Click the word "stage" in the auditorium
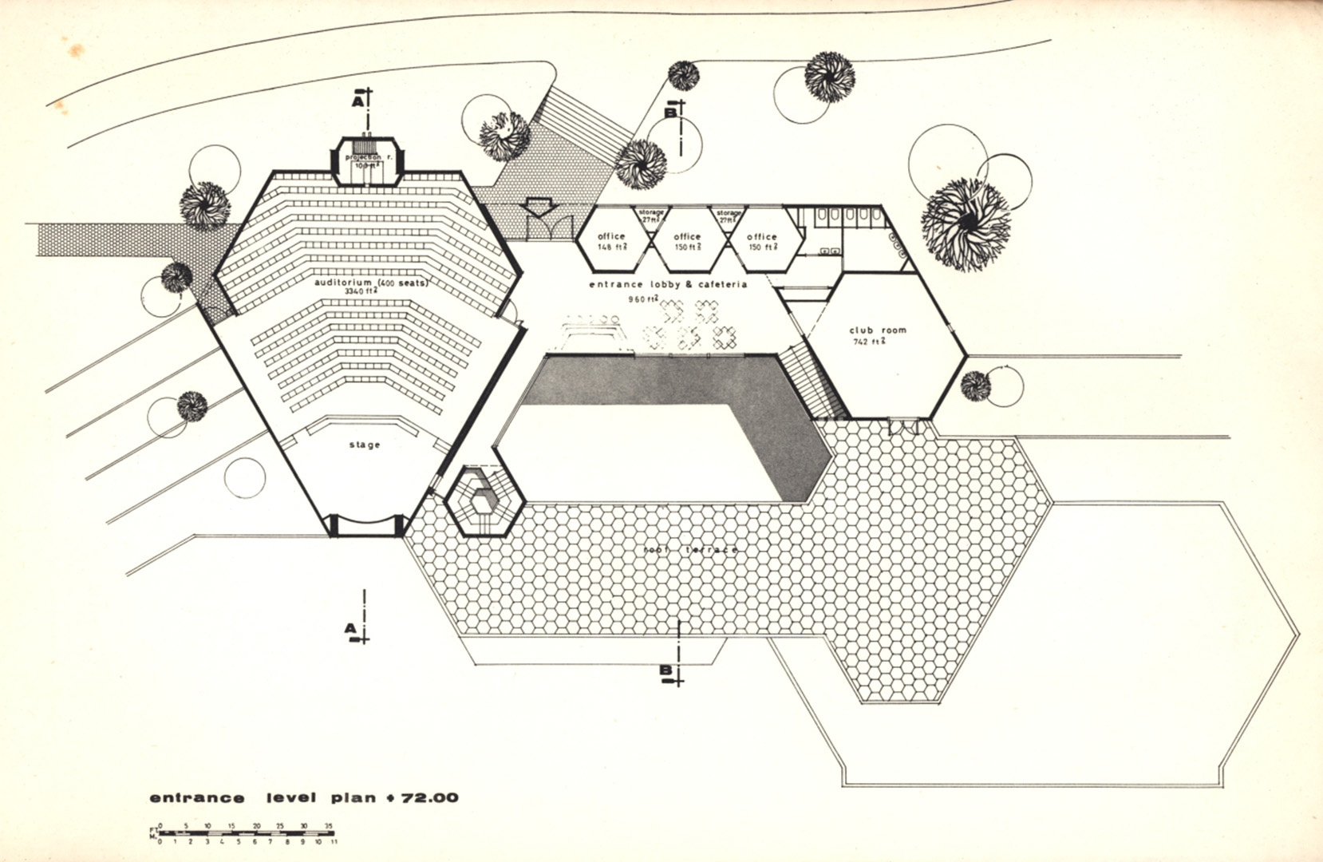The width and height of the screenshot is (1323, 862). tap(365, 445)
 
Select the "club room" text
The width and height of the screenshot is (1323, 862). tap(878, 330)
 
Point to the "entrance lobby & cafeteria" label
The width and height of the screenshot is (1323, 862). tap(668, 284)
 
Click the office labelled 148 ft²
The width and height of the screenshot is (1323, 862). tap(612, 241)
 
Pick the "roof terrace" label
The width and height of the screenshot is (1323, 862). tap(690, 550)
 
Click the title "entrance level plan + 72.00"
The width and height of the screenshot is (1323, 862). tap(304, 797)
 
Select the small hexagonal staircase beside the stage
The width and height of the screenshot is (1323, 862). tap(484, 502)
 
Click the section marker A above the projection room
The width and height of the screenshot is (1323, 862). tap(358, 101)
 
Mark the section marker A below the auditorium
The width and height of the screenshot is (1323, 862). tap(351, 630)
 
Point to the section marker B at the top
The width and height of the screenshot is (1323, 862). tap(671, 113)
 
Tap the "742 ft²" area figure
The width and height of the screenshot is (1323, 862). tap(868, 342)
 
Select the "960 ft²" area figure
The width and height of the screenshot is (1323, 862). tap(642, 299)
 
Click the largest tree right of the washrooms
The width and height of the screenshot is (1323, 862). tap(966, 224)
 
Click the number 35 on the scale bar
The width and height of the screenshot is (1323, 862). tap(328, 826)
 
